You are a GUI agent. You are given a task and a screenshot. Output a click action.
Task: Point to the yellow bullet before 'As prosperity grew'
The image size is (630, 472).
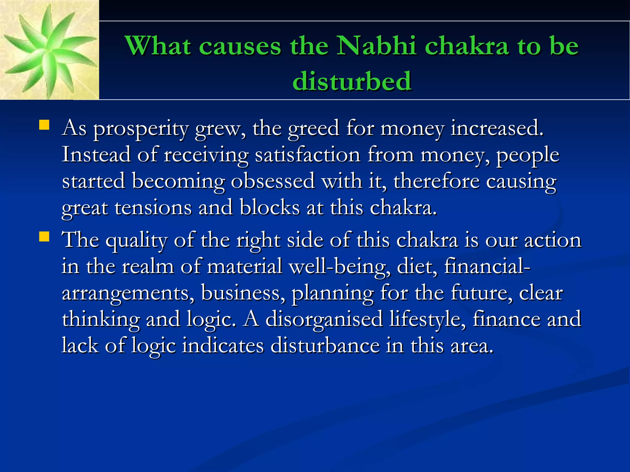pos(44,125)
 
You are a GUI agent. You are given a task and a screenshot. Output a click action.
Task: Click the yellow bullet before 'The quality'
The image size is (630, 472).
pos(44,237)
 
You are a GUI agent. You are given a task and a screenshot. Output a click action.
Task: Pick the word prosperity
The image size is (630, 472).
pos(141,128)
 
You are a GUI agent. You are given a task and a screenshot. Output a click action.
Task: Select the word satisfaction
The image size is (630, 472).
pos(307,154)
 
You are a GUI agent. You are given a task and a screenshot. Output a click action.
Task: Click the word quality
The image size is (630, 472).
pos(136,240)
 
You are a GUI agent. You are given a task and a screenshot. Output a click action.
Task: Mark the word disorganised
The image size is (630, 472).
pos(324,319)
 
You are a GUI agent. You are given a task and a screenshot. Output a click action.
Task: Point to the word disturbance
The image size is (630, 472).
pos(325,346)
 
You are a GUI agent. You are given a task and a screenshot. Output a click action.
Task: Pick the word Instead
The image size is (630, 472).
pos(96,154)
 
